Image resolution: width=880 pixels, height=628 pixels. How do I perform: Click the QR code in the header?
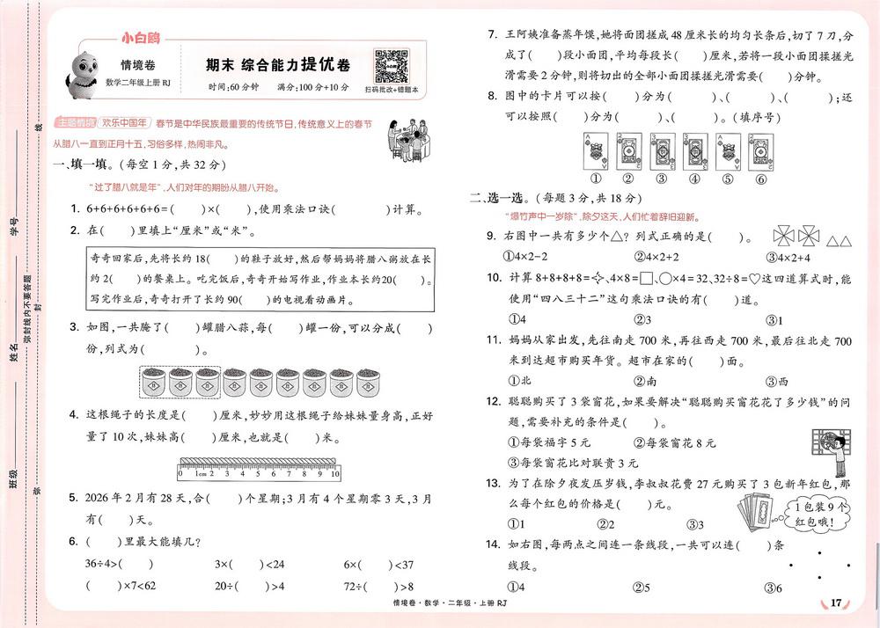click(x=390, y=64)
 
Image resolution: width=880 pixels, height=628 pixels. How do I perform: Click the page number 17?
click(x=836, y=602)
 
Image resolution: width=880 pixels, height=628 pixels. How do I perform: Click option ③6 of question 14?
click(x=774, y=588)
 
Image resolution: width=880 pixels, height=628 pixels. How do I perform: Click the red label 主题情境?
click(x=71, y=121)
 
